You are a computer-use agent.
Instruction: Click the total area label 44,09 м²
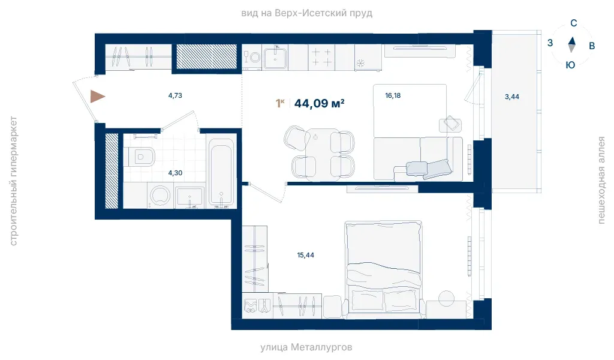click(x=319, y=103)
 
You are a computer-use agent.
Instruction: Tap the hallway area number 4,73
click(x=175, y=95)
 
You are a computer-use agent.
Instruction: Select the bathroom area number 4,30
click(x=175, y=173)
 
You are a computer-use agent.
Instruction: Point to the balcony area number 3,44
click(x=512, y=97)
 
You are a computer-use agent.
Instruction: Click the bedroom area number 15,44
click(x=305, y=255)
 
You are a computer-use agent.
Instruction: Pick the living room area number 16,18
click(x=393, y=95)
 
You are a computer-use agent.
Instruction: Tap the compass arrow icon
click(x=571, y=44)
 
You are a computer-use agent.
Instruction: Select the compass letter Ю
click(x=571, y=65)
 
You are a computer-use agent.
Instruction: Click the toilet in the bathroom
click(x=140, y=157)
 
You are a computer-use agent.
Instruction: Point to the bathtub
click(x=221, y=172)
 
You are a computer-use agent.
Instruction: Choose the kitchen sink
click(x=275, y=58)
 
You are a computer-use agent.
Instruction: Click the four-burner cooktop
click(x=321, y=57)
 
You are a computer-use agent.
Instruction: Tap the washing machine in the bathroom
click(x=159, y=195)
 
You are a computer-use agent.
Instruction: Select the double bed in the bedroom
click(x=384, y=267)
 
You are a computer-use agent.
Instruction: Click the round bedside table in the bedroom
click(x=446, y=298)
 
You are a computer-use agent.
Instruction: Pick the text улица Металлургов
click(x=306, y=347)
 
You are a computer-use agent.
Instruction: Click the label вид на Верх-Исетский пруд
click(x=306, y=13)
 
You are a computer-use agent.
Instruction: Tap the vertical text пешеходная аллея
click(x=601, y=180)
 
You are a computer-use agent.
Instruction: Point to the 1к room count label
click(x=279, y=103)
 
